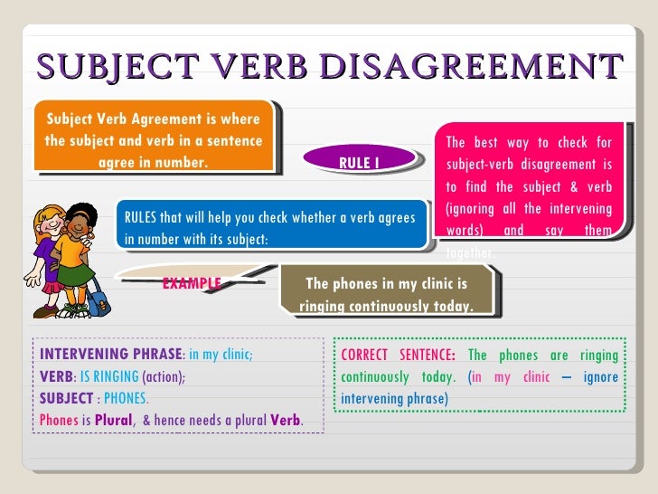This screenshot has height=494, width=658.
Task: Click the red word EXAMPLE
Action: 192,283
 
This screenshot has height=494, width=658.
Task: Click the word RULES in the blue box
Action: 140,218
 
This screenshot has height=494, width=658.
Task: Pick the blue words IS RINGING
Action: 109,376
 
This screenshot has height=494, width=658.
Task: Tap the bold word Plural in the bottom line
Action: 113,421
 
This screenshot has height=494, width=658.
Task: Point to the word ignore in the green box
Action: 601,376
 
